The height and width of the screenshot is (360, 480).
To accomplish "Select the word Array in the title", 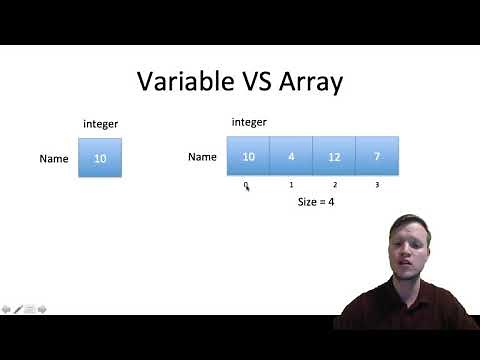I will click(x=307, y=81).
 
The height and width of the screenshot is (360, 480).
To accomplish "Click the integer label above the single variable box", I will click(x=100, y=124).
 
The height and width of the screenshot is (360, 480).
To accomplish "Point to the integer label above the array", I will click(x=249, y=122).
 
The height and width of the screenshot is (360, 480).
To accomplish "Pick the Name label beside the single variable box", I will click(x=54, y=158).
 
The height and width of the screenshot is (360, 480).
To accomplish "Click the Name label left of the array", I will click(x=202, y=157).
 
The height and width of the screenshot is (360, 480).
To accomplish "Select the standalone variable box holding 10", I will click(x=100, y=158).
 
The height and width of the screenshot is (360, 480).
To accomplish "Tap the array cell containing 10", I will click(x=248, y=157).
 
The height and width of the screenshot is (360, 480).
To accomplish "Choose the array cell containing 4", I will click(x=291, y=157).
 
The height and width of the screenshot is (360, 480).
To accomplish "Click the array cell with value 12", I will click(x=334, y=157).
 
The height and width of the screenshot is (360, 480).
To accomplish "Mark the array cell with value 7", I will click(x=377, y=157).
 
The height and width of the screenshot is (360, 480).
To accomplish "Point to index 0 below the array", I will click(x=245, y=184).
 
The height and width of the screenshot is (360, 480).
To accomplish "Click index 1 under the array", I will click(x=291, y=184).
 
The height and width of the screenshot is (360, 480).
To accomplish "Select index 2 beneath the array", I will click(x=334, y=184).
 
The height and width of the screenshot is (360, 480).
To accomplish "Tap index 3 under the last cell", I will click(x=377, y=184).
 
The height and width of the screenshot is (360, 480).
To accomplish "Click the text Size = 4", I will click(x=316, y=202).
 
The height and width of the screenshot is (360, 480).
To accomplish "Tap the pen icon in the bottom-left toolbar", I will click(x=18, y=309).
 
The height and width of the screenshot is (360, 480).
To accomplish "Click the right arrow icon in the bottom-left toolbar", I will click(x=42, y=309).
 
